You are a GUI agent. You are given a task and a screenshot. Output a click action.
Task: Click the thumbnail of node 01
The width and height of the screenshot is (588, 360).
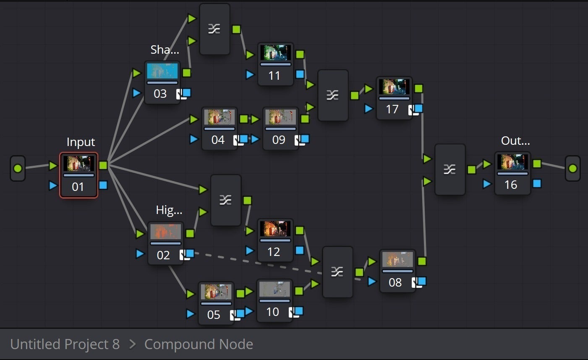78,164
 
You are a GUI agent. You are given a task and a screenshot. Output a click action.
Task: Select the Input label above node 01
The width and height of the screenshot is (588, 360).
81,142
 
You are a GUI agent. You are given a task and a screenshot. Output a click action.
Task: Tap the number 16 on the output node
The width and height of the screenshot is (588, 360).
510,185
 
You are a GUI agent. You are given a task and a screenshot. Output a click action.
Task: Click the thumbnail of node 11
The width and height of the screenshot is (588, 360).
275,53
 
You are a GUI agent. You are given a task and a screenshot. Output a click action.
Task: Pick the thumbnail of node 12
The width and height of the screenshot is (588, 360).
275,229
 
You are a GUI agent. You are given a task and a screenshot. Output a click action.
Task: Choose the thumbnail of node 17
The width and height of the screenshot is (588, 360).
394,87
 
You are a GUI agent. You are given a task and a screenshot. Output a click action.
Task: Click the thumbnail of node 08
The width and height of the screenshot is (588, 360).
397,260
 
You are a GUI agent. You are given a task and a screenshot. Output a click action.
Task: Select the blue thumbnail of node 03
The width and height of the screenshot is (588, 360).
162,71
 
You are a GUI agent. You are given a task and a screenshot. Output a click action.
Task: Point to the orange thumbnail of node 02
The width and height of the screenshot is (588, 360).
165,232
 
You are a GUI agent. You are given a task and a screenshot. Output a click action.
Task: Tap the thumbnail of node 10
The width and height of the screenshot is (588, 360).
274,290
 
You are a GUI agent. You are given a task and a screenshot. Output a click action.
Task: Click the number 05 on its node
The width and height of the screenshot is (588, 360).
214,315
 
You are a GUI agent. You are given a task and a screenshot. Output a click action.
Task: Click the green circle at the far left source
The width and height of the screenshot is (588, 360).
18,169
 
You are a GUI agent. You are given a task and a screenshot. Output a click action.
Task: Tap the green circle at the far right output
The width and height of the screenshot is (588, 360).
572,169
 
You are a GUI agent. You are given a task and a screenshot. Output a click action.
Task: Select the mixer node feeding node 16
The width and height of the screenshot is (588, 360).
450,170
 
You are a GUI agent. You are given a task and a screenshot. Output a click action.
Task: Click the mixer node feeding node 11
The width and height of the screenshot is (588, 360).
214,29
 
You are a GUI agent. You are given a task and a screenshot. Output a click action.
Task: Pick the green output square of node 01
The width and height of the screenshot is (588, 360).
103,165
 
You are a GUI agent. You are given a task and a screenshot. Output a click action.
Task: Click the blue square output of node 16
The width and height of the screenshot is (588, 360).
537,183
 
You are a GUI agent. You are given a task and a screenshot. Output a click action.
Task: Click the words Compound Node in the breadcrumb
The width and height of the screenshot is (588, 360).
199,344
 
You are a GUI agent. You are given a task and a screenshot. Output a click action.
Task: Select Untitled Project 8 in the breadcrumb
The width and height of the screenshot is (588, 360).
65,344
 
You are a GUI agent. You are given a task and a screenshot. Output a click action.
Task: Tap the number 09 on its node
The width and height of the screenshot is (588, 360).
279,140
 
